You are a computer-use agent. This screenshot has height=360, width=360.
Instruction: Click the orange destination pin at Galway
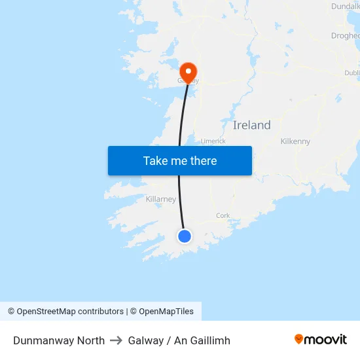point(189,71)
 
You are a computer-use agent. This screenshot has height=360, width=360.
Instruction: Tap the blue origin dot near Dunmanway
point(185,236)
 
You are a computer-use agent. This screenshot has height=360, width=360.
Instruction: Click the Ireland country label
point(251,125)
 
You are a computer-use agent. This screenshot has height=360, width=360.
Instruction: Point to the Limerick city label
point(213,141)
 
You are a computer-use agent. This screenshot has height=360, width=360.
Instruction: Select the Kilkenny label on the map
point(295,141)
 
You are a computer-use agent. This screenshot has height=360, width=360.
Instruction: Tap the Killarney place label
point(160,199)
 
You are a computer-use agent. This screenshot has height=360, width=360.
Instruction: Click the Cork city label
point(223,215)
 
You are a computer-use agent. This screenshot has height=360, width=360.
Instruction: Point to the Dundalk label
point(346,6)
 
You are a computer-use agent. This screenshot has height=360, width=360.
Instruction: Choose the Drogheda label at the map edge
point(346,36)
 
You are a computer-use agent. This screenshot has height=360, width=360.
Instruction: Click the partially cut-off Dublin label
point(352,73)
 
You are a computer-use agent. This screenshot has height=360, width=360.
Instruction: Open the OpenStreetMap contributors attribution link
point(70,312)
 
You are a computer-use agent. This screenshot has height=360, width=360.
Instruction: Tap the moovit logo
point(320,339)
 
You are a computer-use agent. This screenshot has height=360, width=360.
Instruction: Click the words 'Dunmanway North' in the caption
point(59,340)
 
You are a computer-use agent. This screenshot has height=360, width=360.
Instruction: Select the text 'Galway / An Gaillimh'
point(179,340)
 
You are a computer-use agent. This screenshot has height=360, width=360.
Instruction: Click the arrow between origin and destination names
point(116,340)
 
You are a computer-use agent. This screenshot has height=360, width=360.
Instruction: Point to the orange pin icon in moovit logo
point(299,339)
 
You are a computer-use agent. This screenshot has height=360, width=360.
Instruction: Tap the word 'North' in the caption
point(90,340)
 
